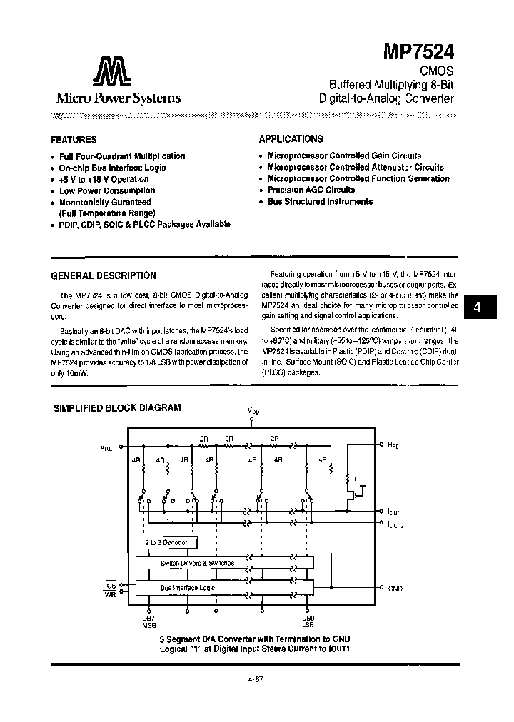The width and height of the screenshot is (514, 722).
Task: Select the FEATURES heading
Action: [74, 140]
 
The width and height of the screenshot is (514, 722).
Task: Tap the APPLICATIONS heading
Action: [291, 139]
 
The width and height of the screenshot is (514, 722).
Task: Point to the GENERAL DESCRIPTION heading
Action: [104, 275]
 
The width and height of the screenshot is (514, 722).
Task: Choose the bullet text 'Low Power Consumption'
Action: [107, 190]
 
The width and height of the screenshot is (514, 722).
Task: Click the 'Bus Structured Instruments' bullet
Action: [319, 202]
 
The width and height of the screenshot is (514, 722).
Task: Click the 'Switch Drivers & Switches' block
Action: [197, 563]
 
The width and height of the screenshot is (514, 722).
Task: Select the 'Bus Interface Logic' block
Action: [187, 588]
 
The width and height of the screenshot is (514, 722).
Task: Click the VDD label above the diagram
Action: [253, 410]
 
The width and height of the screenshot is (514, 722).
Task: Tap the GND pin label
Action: [395, 589]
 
